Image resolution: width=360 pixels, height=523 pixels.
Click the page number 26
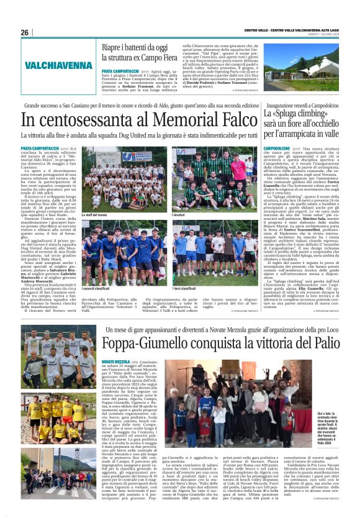[25, 32]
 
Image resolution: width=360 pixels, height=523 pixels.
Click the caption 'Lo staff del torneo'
[96, 214]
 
